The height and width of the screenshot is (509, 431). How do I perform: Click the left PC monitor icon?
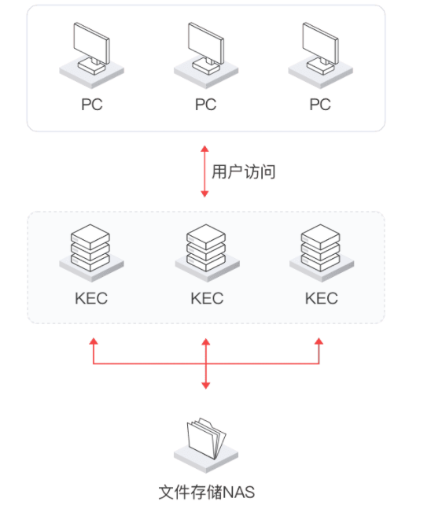[x=91, y=55]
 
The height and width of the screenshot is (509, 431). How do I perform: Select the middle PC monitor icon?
[x=206, y=55]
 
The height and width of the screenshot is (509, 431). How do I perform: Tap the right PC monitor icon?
[x=321, y=55]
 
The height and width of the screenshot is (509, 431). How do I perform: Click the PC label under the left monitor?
[x=92, y=105]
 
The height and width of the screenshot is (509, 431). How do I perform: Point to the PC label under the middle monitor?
[x=206, y=105]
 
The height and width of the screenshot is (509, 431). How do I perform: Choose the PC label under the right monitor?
[x=320, y=105]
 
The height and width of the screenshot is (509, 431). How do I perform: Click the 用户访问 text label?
[x=243, y=172]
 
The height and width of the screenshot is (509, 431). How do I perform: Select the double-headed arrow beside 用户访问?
[x=204, y=172]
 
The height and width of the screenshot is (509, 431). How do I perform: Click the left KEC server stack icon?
[x=91, y=253]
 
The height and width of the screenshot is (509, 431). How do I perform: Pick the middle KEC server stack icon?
[x=207, y=253]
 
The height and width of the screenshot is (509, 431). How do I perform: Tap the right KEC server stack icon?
[x=322, y=253]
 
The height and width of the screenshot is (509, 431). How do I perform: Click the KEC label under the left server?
[x=91, y=298]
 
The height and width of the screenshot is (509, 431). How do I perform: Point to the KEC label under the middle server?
[x=207, y=298]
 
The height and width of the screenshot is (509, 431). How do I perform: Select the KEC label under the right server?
[x=322, y=298]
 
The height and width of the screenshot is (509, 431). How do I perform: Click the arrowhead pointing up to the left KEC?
[x=94, y=341]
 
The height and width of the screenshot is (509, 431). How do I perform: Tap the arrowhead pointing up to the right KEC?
[x=319, y=341]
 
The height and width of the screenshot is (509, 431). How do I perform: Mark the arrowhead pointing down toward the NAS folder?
[x=206, y=385]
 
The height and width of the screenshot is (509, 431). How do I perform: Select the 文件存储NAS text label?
[x=207, y=492]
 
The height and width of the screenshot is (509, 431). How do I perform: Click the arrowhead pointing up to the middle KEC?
[x=206, y=341]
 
